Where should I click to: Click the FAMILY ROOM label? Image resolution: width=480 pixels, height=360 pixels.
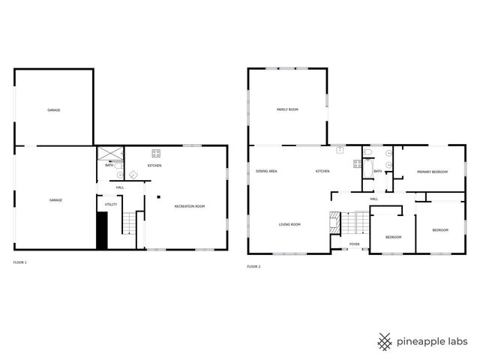click(x=287, y=109)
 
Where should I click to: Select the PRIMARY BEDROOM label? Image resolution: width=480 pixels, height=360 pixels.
click(x=432, y=172)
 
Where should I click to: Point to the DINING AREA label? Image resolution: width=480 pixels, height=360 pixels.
click(x=266, y=172)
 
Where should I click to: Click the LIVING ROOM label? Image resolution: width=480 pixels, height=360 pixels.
click(x=289, y=224)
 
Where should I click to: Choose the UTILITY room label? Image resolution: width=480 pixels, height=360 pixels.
click(x=110, y=204)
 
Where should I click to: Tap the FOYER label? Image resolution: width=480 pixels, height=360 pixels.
click(x=354, y=244)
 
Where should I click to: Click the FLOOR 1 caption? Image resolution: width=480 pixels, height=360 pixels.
click(x=20, y=262)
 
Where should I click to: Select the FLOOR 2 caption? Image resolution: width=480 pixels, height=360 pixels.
click(x=253, y=266)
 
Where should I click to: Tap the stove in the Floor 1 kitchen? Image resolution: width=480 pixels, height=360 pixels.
click(x=156, y=154)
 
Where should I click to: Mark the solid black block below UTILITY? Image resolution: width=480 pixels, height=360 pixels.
click(x=102, y=230)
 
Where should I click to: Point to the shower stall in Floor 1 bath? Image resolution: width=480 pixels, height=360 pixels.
click(x=110, y=154)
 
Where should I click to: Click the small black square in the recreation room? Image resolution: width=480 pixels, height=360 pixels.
click(x=157, y=198)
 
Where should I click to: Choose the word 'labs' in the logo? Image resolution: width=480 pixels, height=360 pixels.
click(x=454, y=343)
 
